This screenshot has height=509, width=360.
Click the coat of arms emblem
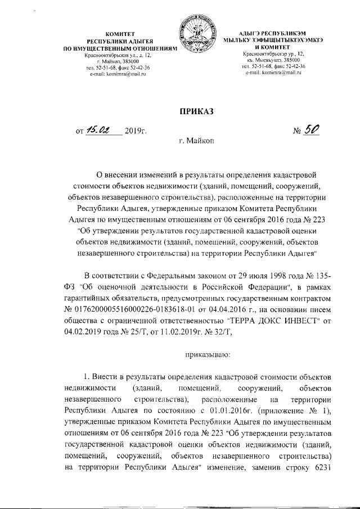click(196, 38)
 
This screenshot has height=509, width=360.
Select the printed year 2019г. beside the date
click(136, 132)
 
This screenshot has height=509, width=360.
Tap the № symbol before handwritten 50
click(299, 132)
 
